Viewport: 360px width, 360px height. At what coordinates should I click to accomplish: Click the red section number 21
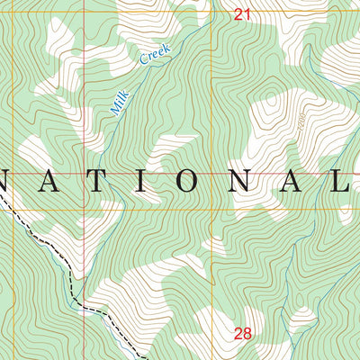coord(240,13)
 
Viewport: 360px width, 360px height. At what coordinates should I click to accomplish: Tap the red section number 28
coord(242,334)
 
